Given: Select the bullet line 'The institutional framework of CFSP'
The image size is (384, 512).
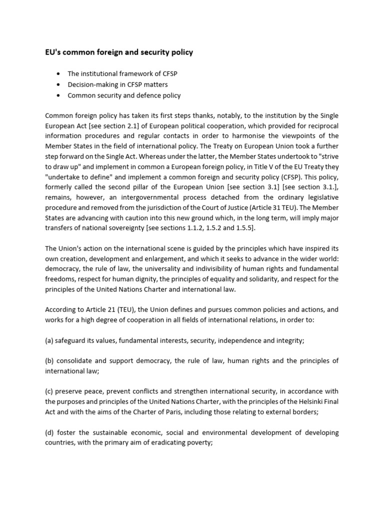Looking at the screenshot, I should coord(122,73).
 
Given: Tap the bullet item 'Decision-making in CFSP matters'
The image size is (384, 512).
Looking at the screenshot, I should coord(117,84).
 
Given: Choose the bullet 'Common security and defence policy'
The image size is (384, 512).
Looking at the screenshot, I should coord(124,95).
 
